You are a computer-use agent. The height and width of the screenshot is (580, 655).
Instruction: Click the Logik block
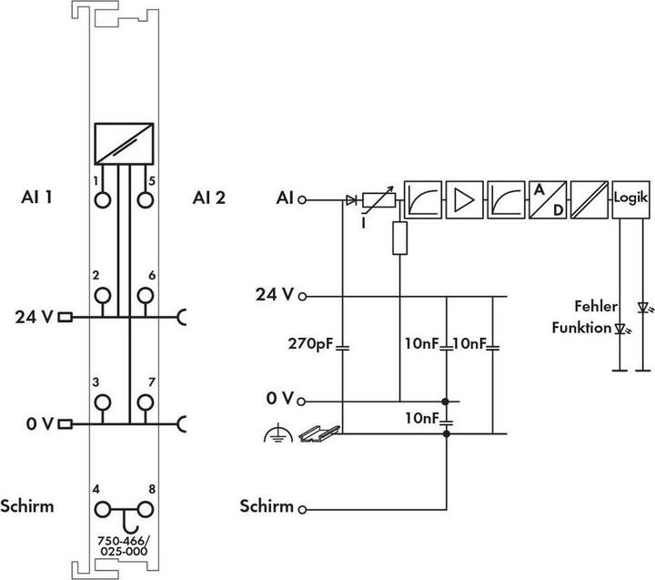coord(630,199)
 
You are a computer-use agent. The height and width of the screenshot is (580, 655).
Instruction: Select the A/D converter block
coord(548,199)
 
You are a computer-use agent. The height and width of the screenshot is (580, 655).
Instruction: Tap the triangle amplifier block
coord(465,199)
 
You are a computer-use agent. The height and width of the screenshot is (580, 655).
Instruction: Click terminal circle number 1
coord(103,200)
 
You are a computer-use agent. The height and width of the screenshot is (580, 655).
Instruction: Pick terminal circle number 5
coord(146,200)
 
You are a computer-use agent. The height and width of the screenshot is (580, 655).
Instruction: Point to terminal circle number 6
coord(146,296)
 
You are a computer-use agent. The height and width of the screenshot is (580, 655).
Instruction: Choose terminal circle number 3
coord(103,402)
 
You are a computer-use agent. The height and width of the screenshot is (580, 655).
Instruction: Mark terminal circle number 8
coord(146,510)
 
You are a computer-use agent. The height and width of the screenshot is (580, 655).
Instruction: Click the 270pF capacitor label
coord(310,344)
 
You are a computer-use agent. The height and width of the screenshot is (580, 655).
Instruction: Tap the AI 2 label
coord(209,198)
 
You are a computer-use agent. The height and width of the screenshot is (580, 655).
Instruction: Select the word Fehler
coord(596,307)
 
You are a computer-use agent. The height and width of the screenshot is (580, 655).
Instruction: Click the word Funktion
coord(581,328)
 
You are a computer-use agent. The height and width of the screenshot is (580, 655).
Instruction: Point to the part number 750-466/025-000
coord(124,546)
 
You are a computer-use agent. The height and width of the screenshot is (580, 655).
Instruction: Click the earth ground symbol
coord(277,433)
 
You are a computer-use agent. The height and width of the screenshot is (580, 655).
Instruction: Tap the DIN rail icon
coord(319,433)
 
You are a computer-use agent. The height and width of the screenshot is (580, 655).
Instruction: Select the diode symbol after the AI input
coord(351,200)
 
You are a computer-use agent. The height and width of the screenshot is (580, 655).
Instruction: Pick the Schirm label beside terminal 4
coord(27,506)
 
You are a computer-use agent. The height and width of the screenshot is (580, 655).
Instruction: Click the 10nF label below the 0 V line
coord(422,418)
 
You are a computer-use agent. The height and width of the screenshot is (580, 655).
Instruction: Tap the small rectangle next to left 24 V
coord(65,317)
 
